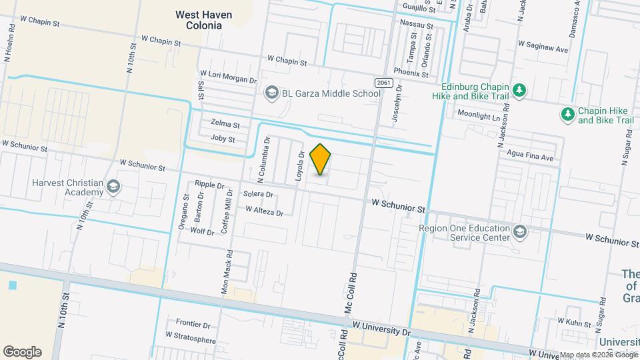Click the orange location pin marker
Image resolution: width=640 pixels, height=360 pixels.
[x=321, y=159]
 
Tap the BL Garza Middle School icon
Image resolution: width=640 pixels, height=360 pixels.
[x=271, y=93]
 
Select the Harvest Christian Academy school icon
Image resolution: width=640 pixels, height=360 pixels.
[x=113, y=187]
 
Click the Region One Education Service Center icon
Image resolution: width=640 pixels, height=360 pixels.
[x=521, y=232]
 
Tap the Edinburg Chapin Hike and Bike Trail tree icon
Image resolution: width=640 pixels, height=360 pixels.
[x=521, y=90]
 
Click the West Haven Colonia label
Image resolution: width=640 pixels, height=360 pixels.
[x=199, y=19]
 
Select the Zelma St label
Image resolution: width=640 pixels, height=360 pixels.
[x=225, y=124]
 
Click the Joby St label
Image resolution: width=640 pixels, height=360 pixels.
[x=223, y=139]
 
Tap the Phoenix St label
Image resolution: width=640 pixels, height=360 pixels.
[x=410, y=73]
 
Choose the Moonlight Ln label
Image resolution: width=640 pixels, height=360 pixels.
[x=478, y=115]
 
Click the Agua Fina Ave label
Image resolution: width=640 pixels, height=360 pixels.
[x=529, y=158]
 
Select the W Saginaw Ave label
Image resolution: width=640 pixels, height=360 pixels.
[x=543, y=49]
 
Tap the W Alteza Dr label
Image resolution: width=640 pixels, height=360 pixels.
[x=265, y=211]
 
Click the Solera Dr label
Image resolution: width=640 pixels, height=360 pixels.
[x=258, y=195]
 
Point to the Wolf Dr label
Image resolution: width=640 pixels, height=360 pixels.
[x=202, y=231]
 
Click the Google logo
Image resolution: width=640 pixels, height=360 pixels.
[x=22, y=351]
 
